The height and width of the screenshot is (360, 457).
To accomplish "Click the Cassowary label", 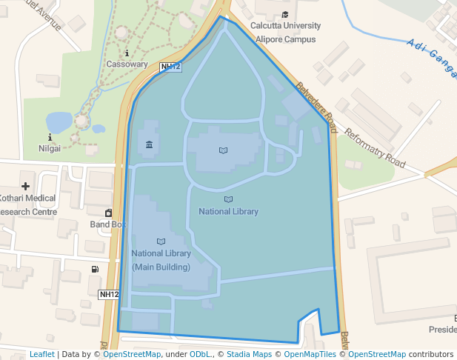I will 127,64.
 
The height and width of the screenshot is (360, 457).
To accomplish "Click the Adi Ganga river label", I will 431,56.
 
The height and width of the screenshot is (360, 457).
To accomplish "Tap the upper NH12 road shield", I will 170,67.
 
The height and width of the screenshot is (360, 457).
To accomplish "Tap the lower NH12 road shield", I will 109,294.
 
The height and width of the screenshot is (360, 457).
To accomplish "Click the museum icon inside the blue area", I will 150,144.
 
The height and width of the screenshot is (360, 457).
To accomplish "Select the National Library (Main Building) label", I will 161,260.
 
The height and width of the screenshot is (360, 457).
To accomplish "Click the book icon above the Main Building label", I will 161,241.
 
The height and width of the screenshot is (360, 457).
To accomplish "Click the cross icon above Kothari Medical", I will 26,186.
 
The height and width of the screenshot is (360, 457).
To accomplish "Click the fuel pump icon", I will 95,269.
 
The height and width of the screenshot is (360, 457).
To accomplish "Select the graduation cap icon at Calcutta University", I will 286,15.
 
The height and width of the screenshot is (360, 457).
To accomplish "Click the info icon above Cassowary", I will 127,53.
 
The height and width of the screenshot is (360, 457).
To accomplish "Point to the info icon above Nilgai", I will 50,137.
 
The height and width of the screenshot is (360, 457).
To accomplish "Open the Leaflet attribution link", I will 41,354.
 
